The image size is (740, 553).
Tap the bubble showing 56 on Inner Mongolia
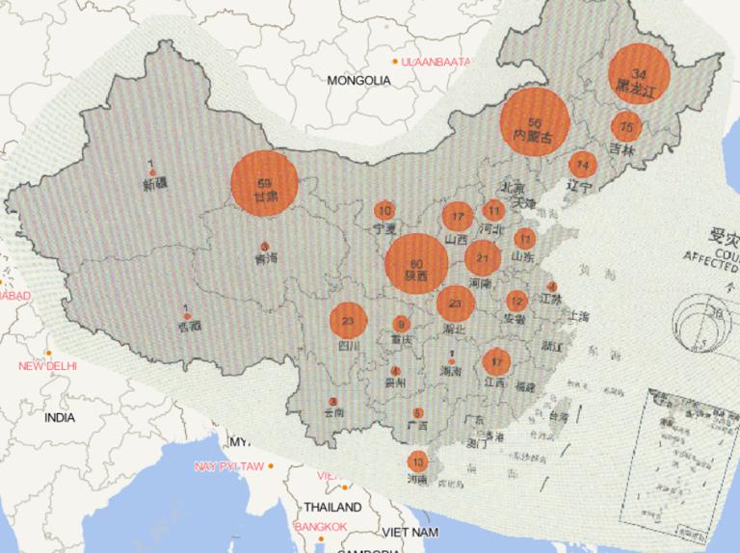535,122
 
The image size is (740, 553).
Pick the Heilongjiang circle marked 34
640,75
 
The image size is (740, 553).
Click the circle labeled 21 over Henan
483,257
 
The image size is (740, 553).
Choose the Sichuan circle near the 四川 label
349,322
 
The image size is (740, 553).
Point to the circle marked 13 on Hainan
417,461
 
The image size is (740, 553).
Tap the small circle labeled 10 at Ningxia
384,211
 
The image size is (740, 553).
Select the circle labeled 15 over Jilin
627,126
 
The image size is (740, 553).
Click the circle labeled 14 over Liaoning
582,163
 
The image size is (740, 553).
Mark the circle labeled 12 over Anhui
517,301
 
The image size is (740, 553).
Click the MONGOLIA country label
358,81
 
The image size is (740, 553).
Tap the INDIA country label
59,418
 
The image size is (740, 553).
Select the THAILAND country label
333,507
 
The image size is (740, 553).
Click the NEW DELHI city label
47,366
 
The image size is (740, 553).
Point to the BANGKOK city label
321,526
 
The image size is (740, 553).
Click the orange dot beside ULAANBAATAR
395,62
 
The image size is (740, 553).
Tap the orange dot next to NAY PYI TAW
272,466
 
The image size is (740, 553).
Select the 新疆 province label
154,183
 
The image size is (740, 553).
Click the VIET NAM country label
413,532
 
